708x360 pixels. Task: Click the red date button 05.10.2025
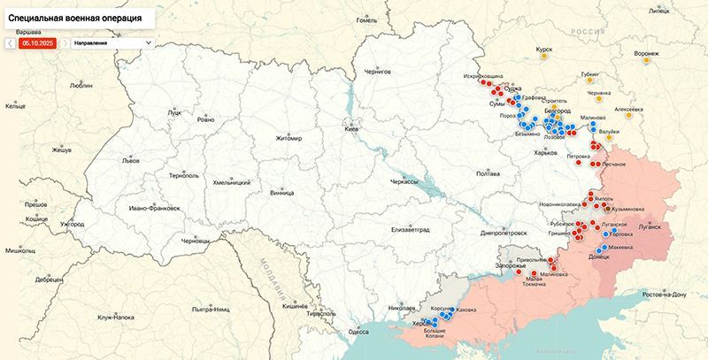point(38,42)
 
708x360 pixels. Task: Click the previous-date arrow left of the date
point(8,42)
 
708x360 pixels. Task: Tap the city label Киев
point(352,129)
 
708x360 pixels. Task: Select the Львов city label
point(131,161)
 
